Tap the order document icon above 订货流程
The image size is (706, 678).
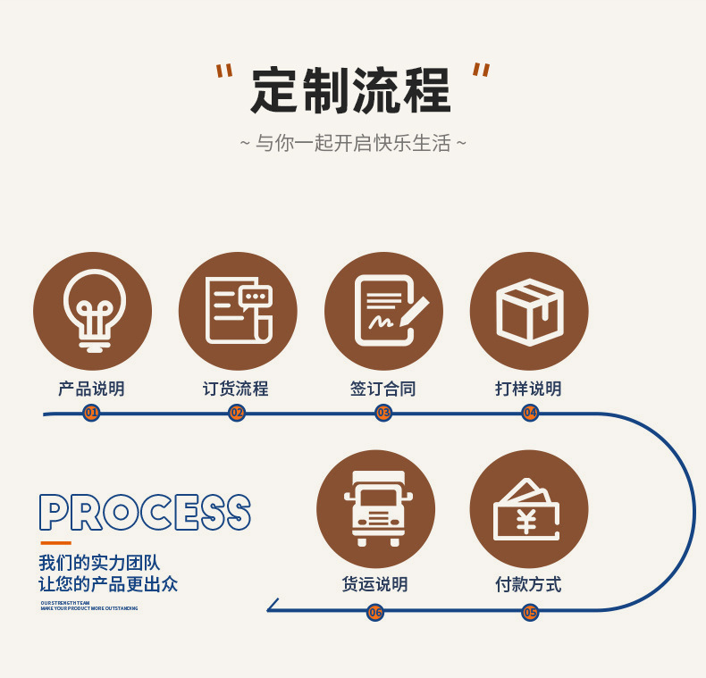[238, 311]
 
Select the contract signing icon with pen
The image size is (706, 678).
[383, 311]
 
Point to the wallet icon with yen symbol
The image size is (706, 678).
[527, 509]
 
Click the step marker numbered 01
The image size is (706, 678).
[91, 413]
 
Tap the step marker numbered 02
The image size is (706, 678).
[237, 413]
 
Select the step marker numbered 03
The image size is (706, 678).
[383, 413]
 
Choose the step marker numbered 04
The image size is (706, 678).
[530, 413]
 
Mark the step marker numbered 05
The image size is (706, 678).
[530, 612]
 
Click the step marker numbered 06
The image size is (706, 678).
[375, 612]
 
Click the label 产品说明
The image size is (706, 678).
[91, 389]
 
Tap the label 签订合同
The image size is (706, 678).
[383, 389]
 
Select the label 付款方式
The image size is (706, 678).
[529, 585]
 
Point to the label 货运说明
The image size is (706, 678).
[375, 585]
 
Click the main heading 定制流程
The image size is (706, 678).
[351, 91]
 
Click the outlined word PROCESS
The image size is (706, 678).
[145, 514]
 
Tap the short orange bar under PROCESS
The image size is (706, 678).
[55, 543]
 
